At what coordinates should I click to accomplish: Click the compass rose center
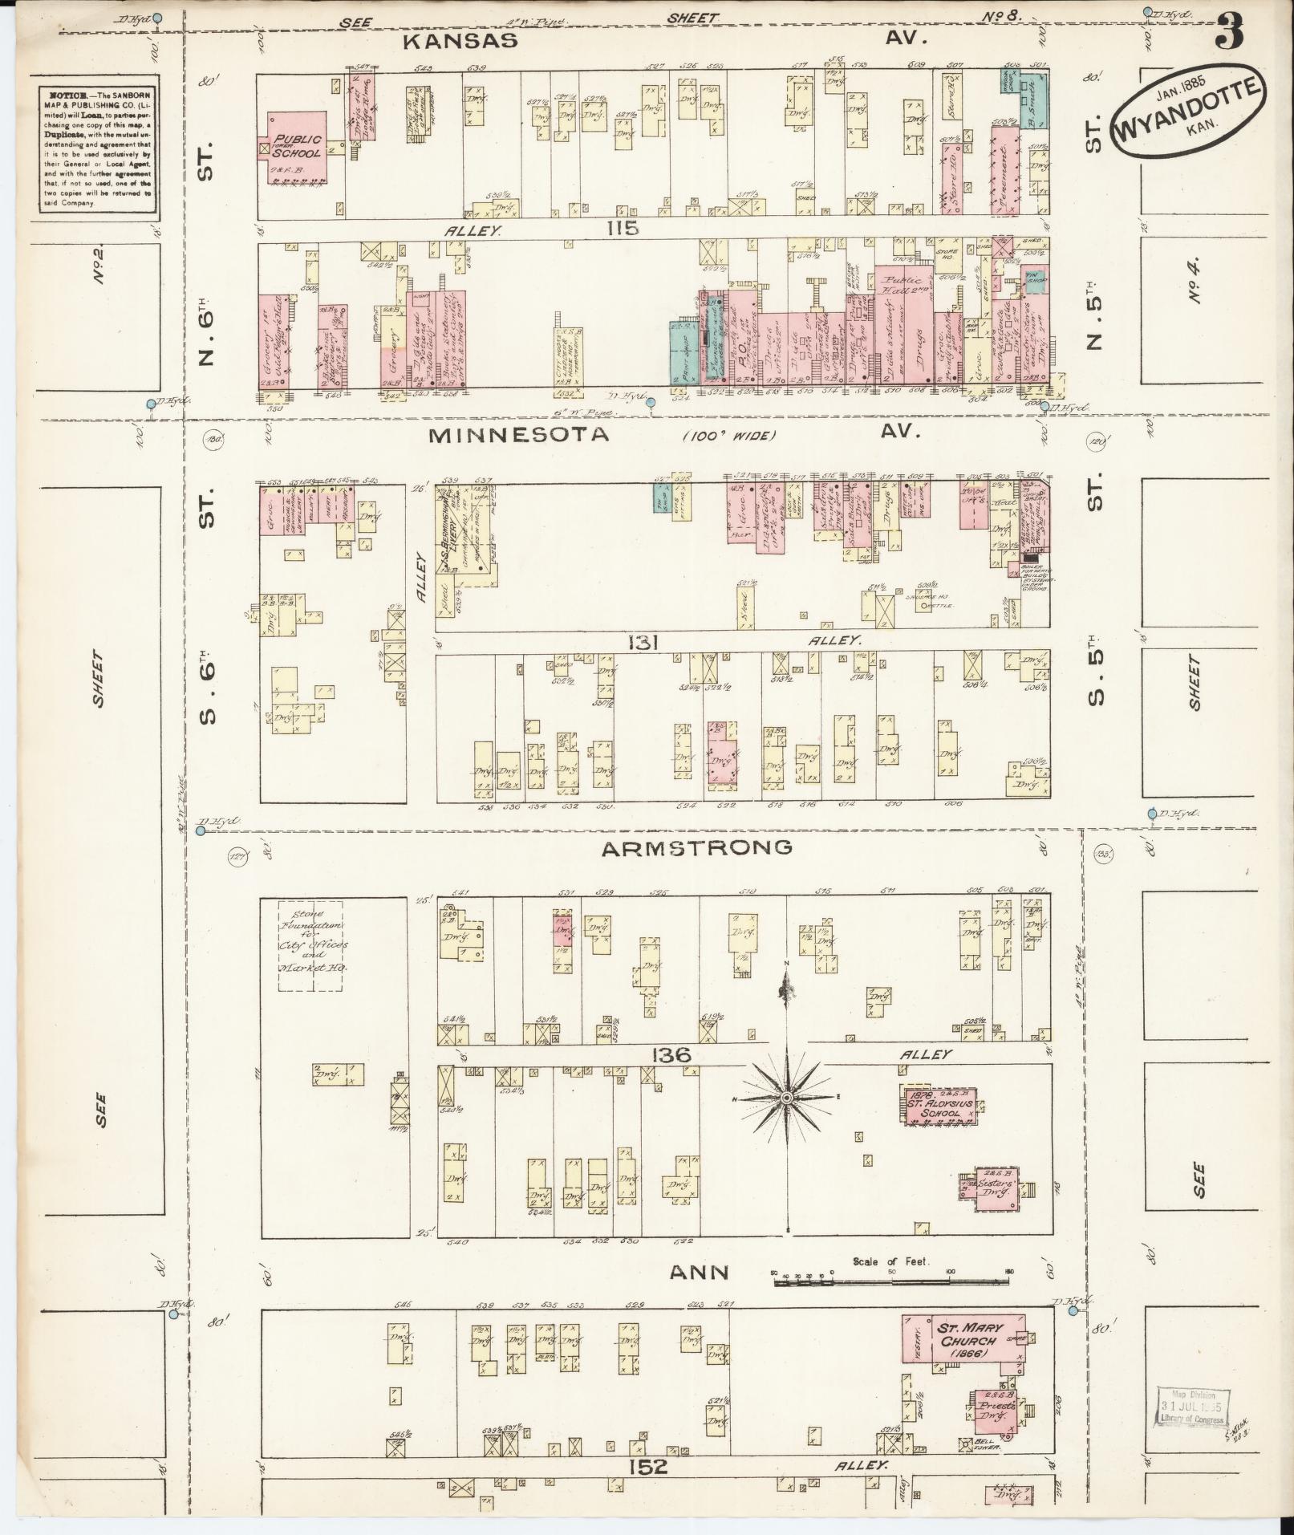click(787, 1098)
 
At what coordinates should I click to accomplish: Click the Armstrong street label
click(696, 847)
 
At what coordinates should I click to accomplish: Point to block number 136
click(671, 1054)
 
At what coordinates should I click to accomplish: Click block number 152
click(648, 1467)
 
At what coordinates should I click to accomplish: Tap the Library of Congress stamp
click(1191, 1407)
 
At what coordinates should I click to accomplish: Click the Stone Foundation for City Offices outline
click(310, 946)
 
